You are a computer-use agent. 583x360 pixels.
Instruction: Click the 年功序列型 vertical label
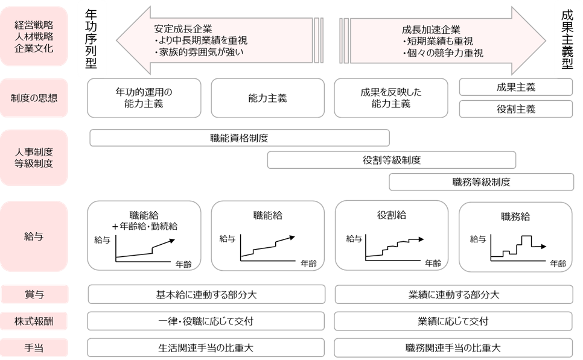[x=92, y=40]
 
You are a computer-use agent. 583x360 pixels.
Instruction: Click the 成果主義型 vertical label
[x=567, y=40]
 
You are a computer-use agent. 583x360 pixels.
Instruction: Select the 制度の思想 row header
[x=34, y=98]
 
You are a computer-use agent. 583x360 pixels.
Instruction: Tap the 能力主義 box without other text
[x=267, y=98]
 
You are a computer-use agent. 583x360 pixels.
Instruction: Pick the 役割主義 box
[x=515, y=109]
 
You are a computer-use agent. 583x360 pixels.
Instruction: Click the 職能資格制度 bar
[x=240, y=138]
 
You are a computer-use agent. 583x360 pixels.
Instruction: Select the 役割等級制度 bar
[x=391, y=160]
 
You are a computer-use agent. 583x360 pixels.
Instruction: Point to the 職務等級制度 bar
[x=481, y=182]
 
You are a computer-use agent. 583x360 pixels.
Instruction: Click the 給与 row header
[x=34, y=236]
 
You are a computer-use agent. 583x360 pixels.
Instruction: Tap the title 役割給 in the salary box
[x=391, y=215]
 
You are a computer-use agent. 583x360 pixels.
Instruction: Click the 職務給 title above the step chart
[x=515, y=216]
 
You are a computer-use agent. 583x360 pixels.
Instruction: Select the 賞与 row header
[x=34, y=295]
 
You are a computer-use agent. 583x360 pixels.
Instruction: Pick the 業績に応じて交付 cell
[x=453, y=321]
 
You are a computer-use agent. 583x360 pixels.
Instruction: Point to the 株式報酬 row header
[x=34, y=321]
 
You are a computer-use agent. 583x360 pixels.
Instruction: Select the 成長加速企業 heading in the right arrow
[x=430, y=29]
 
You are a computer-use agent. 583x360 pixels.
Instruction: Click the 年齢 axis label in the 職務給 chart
[x=558, y=264]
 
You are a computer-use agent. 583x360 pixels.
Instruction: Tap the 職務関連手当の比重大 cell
[x=453, y=348]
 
